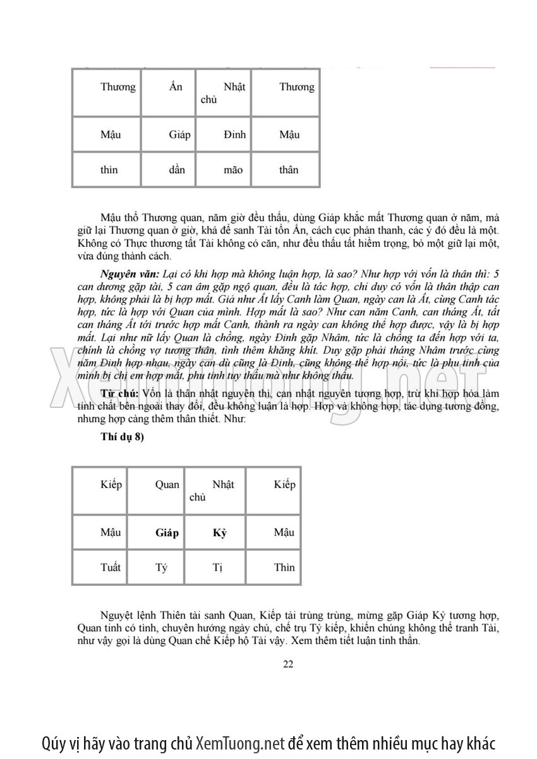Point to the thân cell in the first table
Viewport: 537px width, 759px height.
pos(289,169)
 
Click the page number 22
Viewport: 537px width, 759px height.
pos(288,663)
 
